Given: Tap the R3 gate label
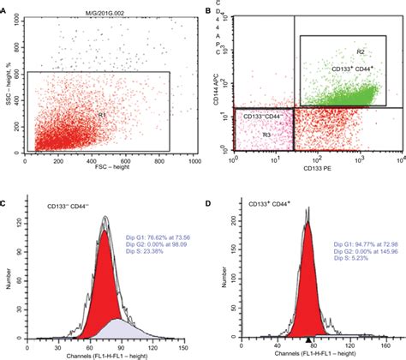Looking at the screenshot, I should tap(267, 134).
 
